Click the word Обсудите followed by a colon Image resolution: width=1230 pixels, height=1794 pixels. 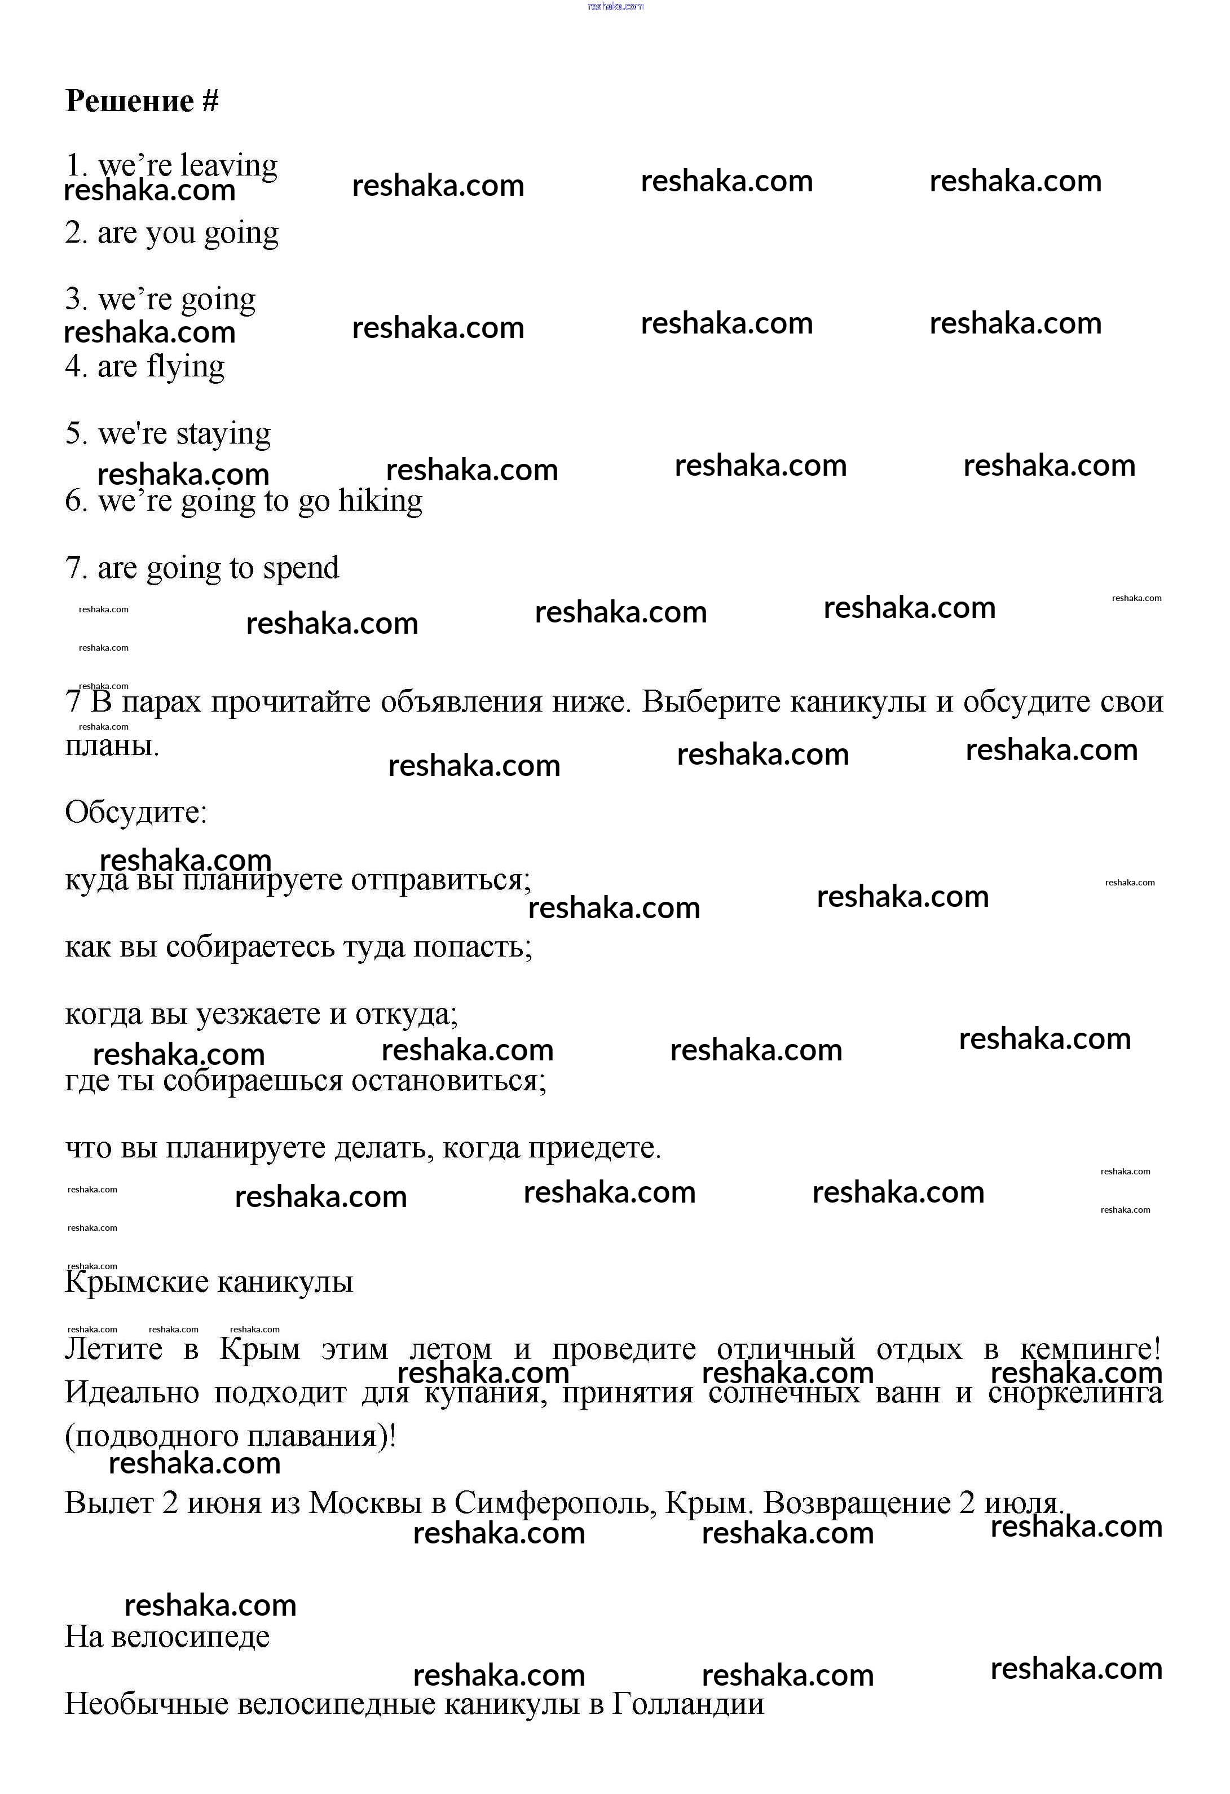tap(135, 812)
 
